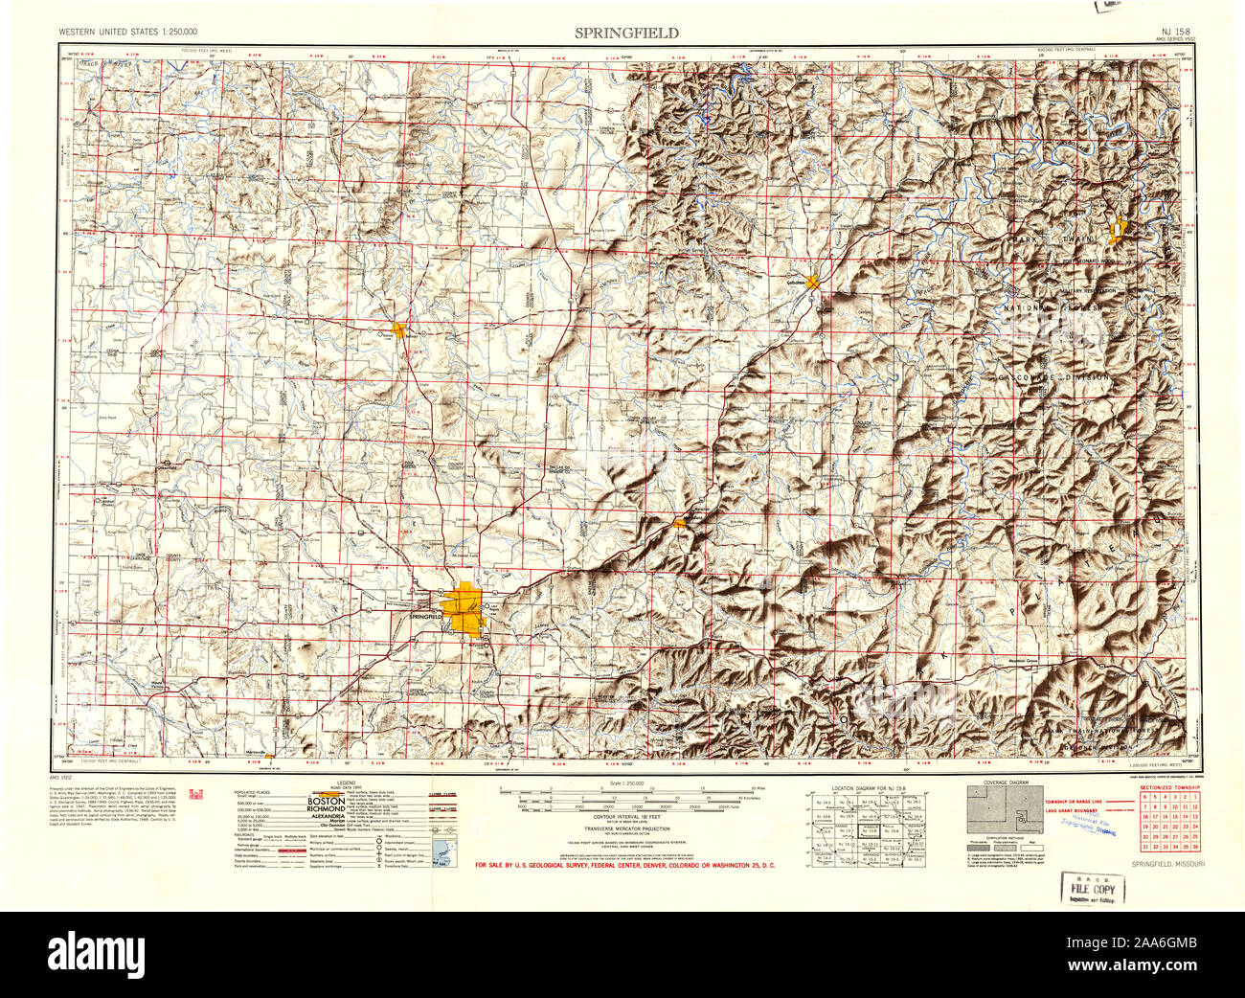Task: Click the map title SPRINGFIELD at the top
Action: (x=626, y=33)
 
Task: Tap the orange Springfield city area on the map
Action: (x=464, y=609)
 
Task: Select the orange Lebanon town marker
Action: (x=812, y=282)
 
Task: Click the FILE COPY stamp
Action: (x=1092, y=889)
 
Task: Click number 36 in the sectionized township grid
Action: (x=1194, y=846)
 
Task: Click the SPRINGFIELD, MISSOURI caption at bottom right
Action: (x=1167, y=864)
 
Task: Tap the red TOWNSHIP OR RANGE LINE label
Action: (x=1077, y=800)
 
